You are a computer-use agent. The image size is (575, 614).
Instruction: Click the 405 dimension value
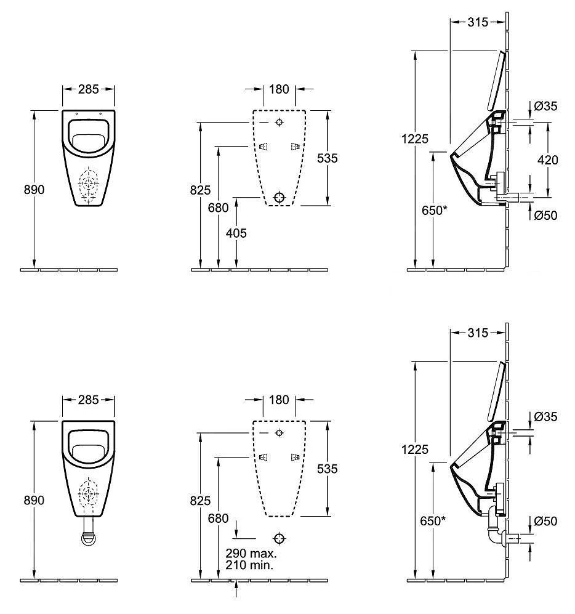click(236, 233)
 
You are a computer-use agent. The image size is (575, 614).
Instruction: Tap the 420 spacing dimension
click(547, 160)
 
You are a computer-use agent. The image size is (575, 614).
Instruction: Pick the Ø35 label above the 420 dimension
click(545, 106)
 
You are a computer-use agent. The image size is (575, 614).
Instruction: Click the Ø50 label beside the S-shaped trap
click(545, 521)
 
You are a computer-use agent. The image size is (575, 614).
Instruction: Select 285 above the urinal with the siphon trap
click(89, 400)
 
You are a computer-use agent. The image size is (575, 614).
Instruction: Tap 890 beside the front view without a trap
click(34, 190)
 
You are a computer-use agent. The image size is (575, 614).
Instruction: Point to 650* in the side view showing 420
click(435, 211)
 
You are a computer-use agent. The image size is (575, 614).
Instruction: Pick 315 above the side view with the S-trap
click(478, 333)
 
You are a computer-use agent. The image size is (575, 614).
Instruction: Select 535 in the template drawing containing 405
click(328, 158)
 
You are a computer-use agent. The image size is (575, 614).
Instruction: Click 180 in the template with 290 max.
click(279, 400)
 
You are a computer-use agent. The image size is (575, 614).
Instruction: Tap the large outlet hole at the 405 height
click(279, 197)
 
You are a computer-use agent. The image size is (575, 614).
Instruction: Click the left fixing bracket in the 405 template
click(263, 147)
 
